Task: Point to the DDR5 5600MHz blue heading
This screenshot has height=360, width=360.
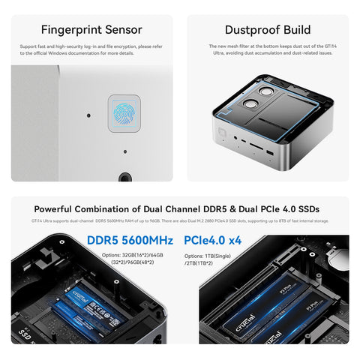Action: (x=130, y=241)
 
